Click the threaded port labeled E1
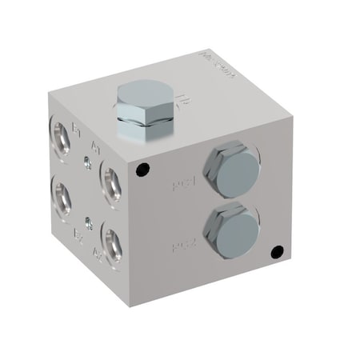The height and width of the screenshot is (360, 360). click(61, 130)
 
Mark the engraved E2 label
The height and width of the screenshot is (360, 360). click(78, 235)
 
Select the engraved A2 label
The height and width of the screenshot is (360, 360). click(97, 256)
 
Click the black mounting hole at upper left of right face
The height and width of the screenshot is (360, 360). click(142, 170)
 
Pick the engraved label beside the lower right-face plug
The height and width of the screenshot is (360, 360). click(190, 245)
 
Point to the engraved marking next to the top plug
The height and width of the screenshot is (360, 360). click(181, 102)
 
